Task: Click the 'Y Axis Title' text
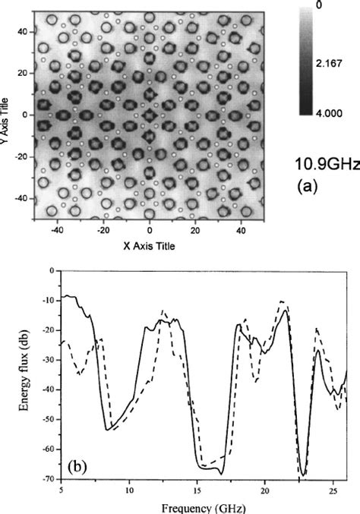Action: [6, 114]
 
